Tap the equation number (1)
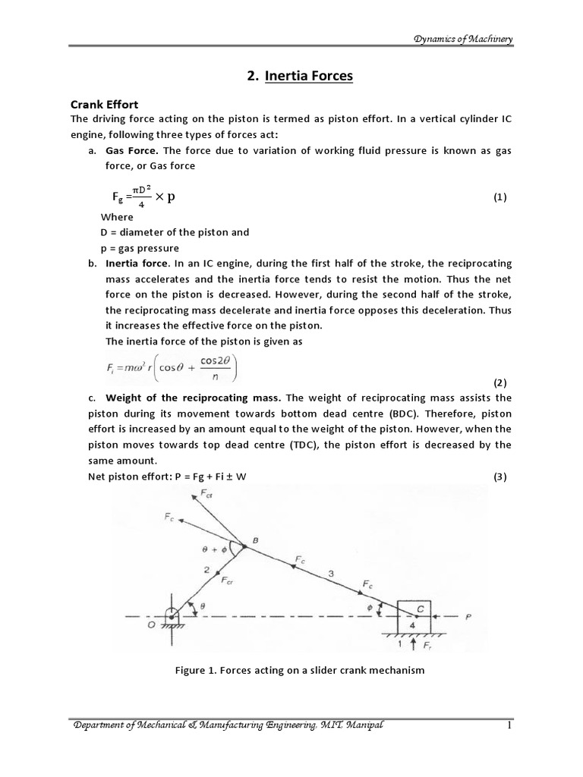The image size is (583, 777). [x=499, y=197]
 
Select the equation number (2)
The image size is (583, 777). [x=499, y=382]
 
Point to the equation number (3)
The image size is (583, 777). [x=499, y=476]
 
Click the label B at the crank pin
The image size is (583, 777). [x=255, y=539]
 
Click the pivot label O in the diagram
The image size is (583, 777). [x=151, y=624]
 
